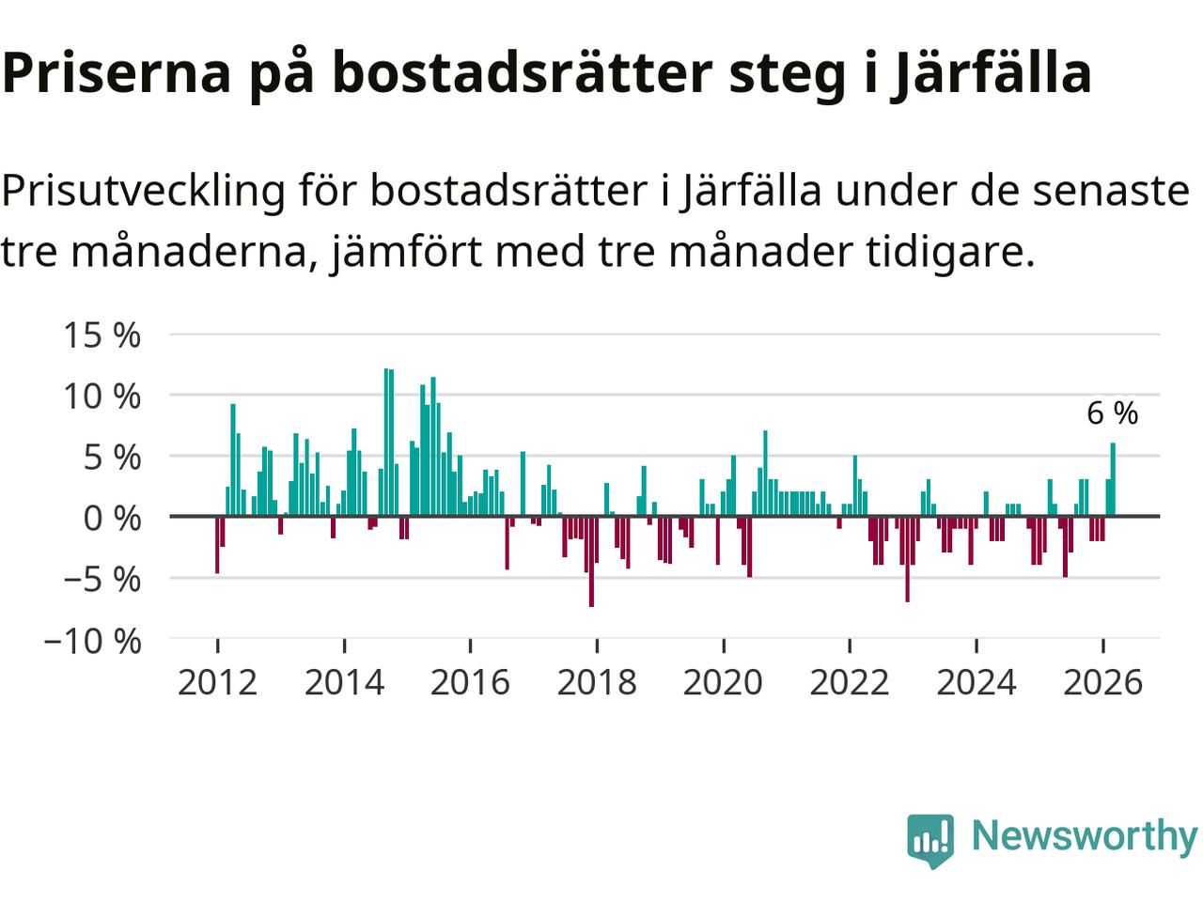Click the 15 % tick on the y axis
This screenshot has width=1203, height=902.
(x=102, y=334)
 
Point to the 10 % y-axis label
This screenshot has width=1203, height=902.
(x=102, y=396)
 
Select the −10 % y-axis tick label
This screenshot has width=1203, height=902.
(x=91, y=642)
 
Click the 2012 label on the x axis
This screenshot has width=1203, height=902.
(x=217, y=682)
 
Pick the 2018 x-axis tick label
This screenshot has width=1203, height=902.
(x=597, y=682)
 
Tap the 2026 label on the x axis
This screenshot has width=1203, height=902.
(x=1102, y=682)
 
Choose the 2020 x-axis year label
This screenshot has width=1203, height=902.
(x=723, y=682)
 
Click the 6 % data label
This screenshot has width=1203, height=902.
(x=1112, y=413)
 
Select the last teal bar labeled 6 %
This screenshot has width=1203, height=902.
(x=1113, y=479)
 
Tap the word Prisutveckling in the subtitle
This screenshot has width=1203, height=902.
(x=143, y=192)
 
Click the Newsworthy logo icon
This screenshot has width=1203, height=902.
(x=930, y=838)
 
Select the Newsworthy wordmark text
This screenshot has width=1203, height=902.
(x=1084, y=835)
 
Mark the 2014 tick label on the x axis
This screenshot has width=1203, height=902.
(x=344, y=682)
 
